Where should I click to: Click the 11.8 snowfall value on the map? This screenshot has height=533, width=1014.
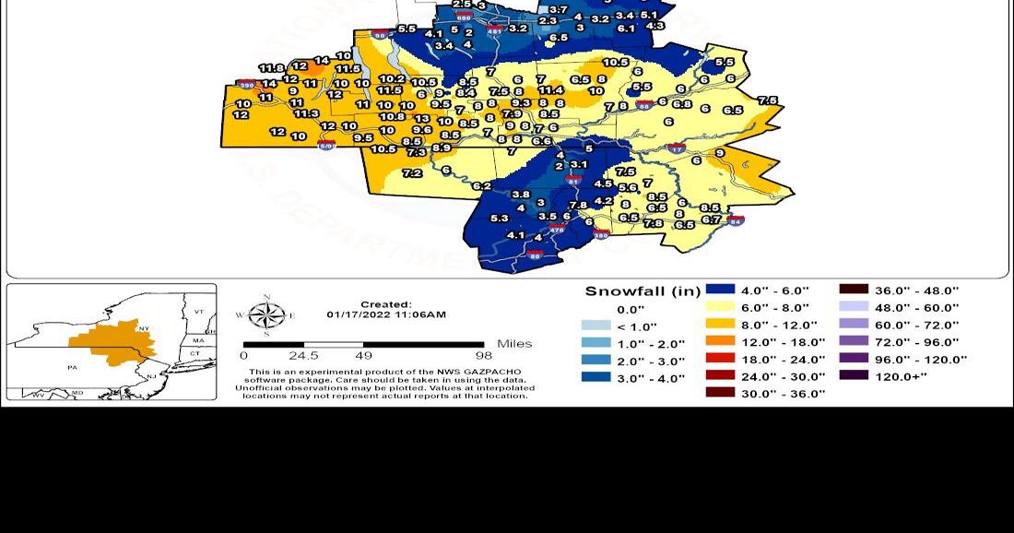[271, 68]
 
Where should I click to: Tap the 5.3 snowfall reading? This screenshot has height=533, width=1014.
[500, 218]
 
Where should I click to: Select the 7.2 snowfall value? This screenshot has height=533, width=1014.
[412, 173]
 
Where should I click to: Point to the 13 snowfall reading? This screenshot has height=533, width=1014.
[422, 119]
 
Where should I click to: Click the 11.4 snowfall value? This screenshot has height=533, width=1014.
[550, 90]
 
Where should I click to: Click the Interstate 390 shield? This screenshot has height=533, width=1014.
[246, 85]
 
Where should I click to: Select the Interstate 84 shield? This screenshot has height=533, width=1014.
[735, 220]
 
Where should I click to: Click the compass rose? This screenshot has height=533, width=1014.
[266, 316]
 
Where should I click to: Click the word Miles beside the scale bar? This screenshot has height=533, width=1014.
[514, 344]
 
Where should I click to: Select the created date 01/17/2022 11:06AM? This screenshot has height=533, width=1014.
[386, 314]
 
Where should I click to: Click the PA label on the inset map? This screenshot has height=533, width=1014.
[72, 367]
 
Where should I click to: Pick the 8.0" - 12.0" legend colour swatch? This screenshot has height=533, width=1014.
[723, 325]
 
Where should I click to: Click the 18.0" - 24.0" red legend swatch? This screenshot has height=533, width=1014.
[723, 359]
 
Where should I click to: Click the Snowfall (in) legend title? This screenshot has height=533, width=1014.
[643, 291]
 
